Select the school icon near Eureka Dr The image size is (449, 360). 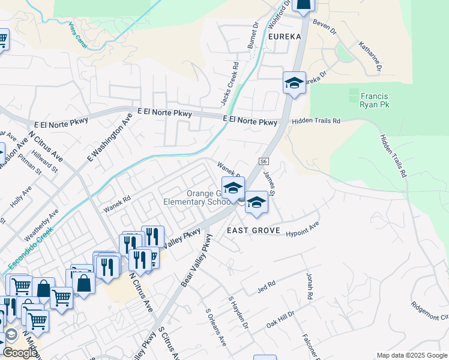tap(294, 83)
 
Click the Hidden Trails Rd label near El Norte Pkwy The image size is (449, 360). tap(316, 121)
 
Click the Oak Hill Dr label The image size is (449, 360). tap(281, 317)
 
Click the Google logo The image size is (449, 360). tap(19, 353)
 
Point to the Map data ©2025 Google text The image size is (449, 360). tap(412, 355)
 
